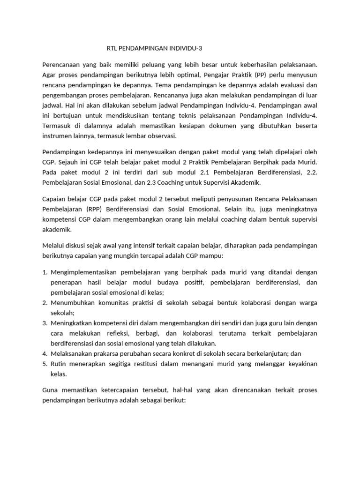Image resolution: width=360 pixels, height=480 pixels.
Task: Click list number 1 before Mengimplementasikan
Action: (45, 272)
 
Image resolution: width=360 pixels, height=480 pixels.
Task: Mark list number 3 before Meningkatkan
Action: (45, 323)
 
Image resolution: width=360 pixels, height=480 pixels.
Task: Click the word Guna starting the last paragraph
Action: (51, 390)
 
